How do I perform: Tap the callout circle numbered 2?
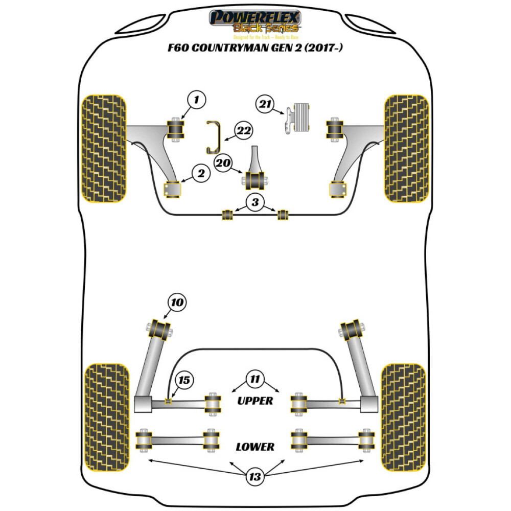(x=201, y=174)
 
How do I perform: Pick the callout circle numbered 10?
(x=176, y=303)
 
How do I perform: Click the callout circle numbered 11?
(x=255, y=379)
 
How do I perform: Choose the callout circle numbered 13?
(x=255, y=477)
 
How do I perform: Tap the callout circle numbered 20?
(x=222, y=163)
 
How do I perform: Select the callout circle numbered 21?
(x=264, y=105)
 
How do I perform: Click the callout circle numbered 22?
(x=243, y=131)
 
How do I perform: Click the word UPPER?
(x=255, y=401)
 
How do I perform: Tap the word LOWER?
(x=255, y=447)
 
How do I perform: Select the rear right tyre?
(x=404, y=417)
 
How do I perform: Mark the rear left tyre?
(x=106, y=417)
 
